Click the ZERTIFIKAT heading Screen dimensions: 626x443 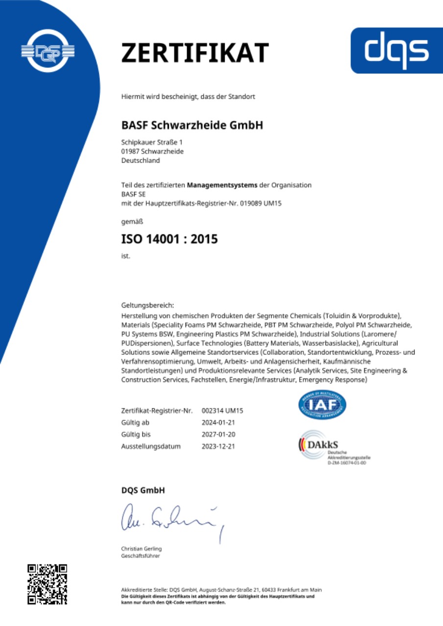(195, 53)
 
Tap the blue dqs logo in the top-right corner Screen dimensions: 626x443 (396, 50)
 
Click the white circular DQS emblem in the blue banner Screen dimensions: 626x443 (47, 51)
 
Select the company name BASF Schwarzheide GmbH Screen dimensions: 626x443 (192, 125)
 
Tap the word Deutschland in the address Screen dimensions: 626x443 (140, 160)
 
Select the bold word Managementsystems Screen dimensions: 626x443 (222, 185)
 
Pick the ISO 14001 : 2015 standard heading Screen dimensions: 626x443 (169, 240)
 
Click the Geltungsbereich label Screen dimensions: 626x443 (144, 305)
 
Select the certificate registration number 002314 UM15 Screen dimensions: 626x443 (222, 410)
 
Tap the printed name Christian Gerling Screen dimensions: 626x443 (141, 548)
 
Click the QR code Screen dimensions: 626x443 (47, 584)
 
